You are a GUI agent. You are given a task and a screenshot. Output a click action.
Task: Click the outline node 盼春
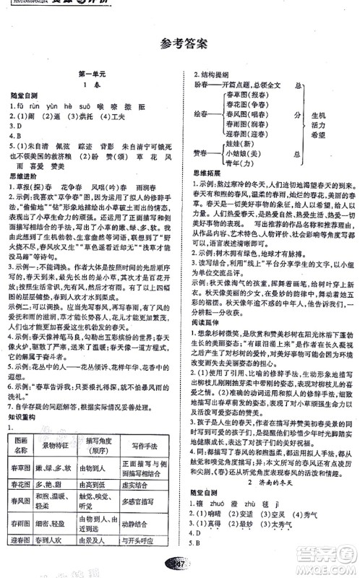click(205, 84)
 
